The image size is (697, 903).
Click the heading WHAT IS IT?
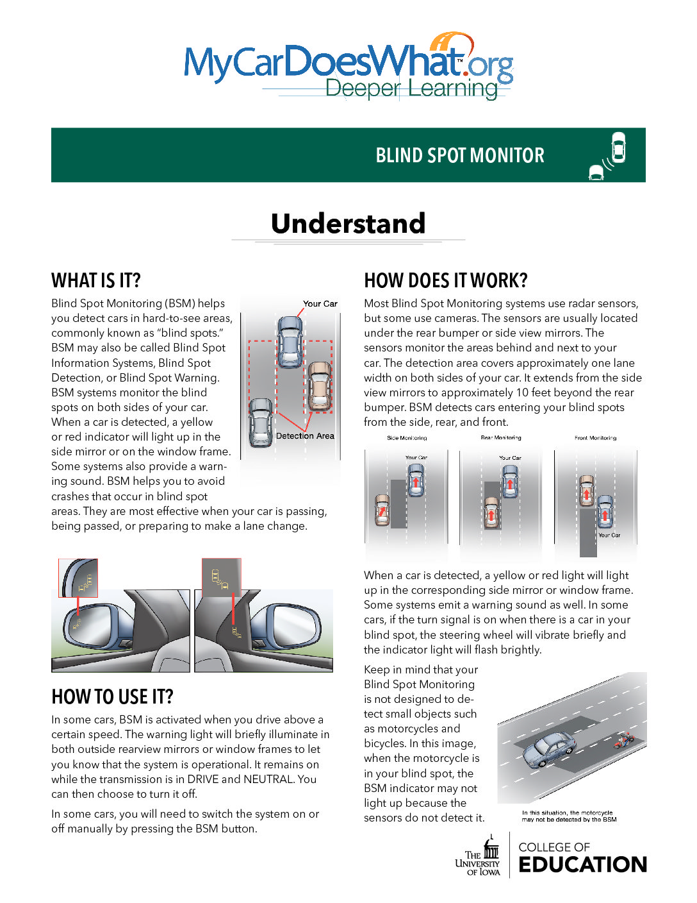(96, 280)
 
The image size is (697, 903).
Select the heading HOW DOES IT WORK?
(446, 280)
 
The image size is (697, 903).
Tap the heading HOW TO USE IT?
(112, 696)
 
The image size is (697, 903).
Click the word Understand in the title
(348, 223)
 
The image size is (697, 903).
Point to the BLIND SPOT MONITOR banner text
(460, 155)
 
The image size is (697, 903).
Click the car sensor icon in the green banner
(608, 155)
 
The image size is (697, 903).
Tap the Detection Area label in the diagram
(305, 436)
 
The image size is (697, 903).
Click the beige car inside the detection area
(319, 387)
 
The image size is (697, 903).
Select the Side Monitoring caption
(407, 438)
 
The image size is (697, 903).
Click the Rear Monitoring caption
(501, 438)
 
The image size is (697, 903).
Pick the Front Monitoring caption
(595, 438)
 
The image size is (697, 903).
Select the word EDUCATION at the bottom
(582, 865)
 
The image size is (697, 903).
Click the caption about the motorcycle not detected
(569, 816)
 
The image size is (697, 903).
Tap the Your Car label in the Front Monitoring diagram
(609, 535)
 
